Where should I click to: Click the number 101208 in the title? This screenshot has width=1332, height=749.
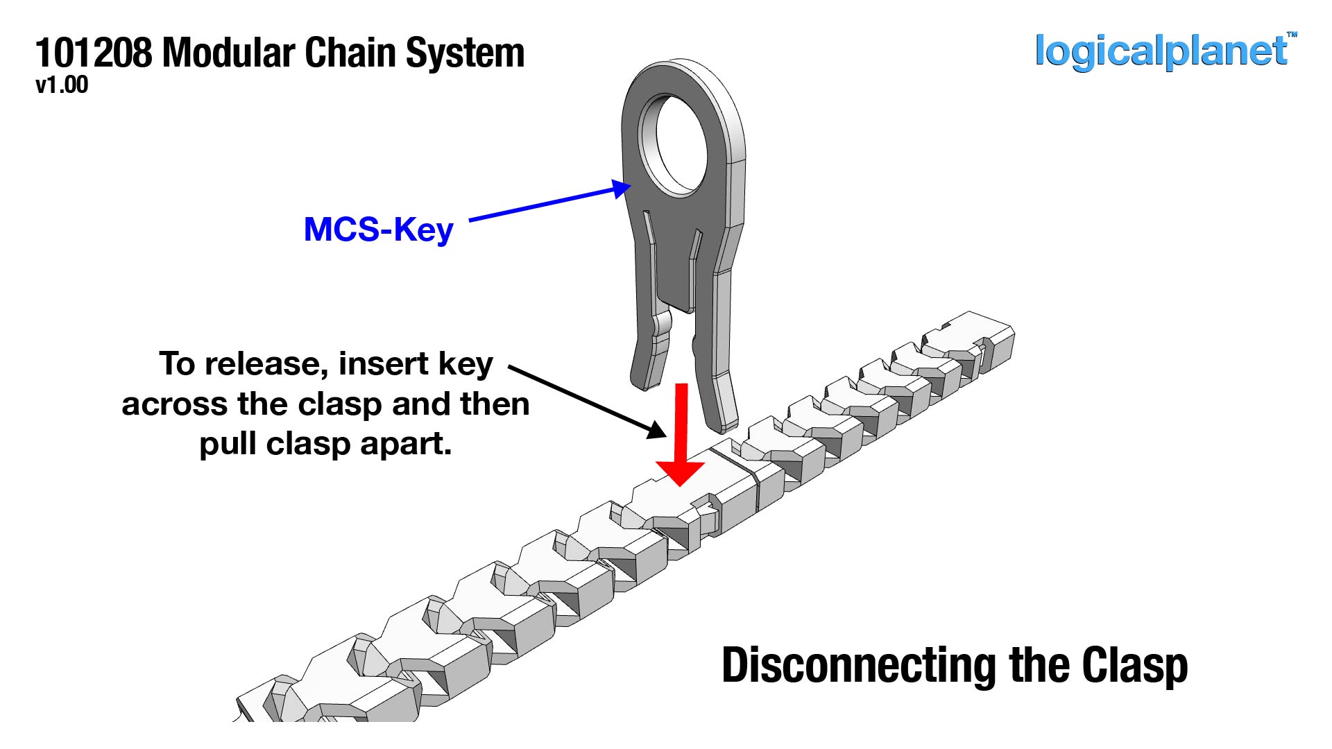tap(93, 53)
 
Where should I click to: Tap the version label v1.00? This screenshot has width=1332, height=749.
tap(62, 85)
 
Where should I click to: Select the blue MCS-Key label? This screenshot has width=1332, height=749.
tap(378, 230)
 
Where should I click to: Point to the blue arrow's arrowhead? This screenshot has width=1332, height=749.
tap(621, 188)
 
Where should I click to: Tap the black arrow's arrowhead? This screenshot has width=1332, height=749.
tap(656, 429)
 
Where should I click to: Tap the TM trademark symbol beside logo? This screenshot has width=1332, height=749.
tap(1292, 34)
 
